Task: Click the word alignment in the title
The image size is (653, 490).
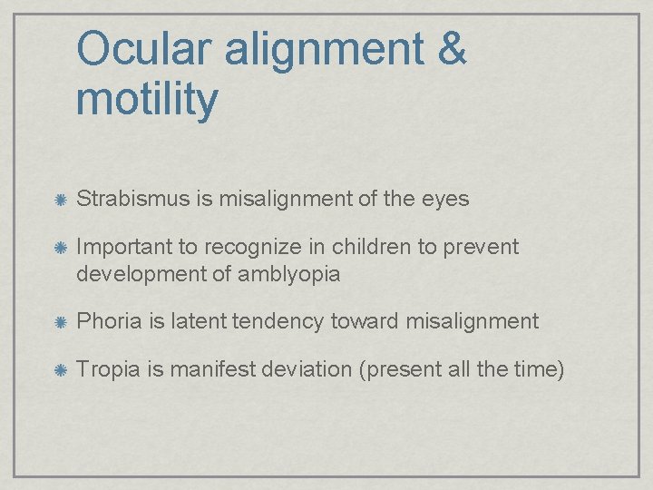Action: pyautogui.click(x=325, y=50)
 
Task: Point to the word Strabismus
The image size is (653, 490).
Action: pyautogui.click(x=133, y=199)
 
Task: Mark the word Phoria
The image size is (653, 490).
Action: pyautogui.click(x=106, y=321)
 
